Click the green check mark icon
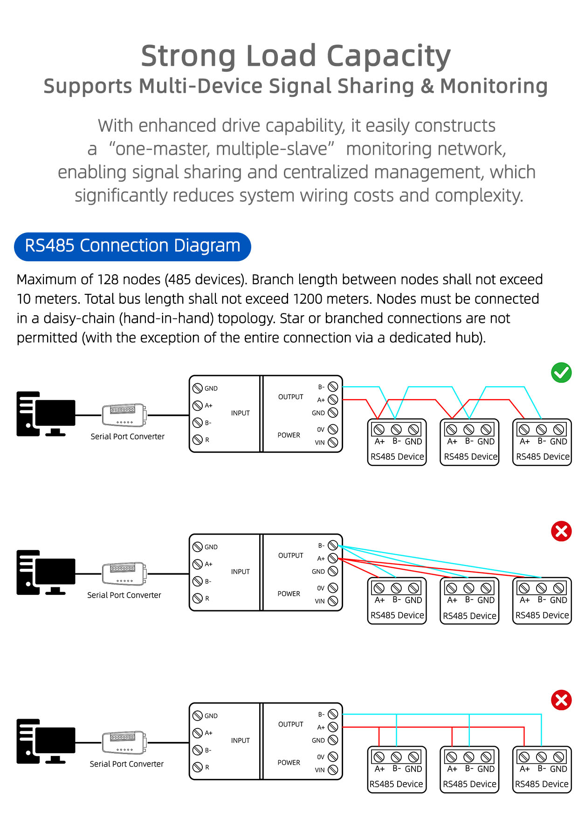pyautogui.click(x=561, y=373)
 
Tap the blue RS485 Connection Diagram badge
pyautogui.click(x=132, y=246)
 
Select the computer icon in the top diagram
pyautogui.click(x=46, y=414)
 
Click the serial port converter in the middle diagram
pyautogui.click(x=124, y=573)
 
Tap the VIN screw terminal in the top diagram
pyautogui.click(x=333, y=443)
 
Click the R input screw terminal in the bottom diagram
pyautogui.click(x=198, y=767)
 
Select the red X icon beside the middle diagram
pyautogui.click(x=561, y=531)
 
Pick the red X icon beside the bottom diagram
pyautogui.click(x=561, y=700)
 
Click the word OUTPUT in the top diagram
pyautogui.click(x=290, y=397)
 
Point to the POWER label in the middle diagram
pyautogui.click(x=289, y=594)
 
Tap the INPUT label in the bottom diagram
pyautogui.click(x=240, y=741)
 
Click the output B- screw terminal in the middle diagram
pyautogui.click(x=333, y=545)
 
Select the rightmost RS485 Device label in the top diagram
pyautogui.click(x=543, y=457)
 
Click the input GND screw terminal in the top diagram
pyautogui.click(x=198, y=388)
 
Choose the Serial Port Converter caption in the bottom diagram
pyautogui.click(x=127, y=764)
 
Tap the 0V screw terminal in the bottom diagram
pyautogui.click(x=333, y=757)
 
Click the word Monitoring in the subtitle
pyautogui.click(x=494, y=87)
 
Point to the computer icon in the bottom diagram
pyautogui.click(x=46, y=741)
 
